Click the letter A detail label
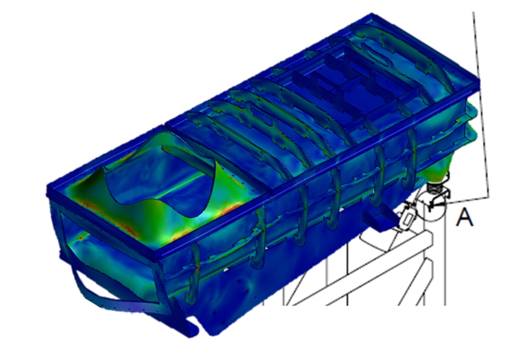point(464,217)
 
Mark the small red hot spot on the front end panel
point(80,237)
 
